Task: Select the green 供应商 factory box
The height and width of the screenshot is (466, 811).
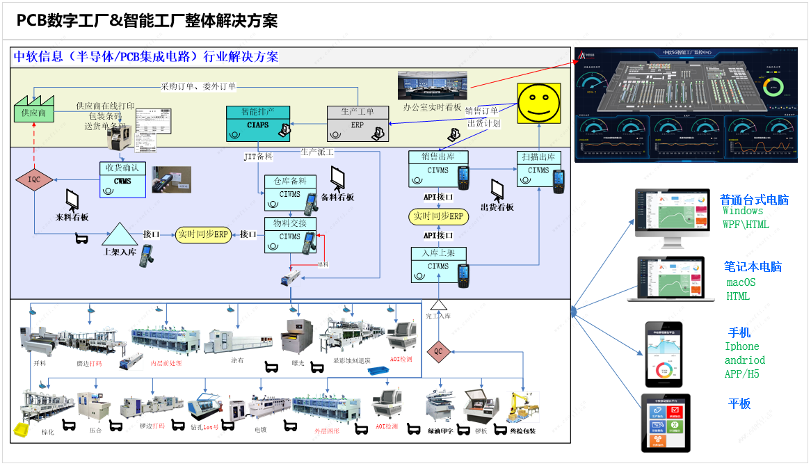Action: click(x=34, y=111)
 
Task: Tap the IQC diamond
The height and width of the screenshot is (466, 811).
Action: click(x=34, y=179)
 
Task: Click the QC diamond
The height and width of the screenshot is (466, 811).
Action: click(x=438, y=351)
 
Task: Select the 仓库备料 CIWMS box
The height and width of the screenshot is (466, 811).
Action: click(x=290, y=193)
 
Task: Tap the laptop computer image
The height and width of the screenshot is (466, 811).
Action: click(x=671, y=278)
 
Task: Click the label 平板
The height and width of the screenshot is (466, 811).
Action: click(x=739, y=404)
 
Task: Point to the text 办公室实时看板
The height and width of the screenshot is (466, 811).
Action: click(x=432, y=108)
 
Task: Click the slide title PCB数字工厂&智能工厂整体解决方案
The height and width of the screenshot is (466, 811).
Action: click(x=147, y=21)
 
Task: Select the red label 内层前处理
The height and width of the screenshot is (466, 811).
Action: click(x=166, y=363)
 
